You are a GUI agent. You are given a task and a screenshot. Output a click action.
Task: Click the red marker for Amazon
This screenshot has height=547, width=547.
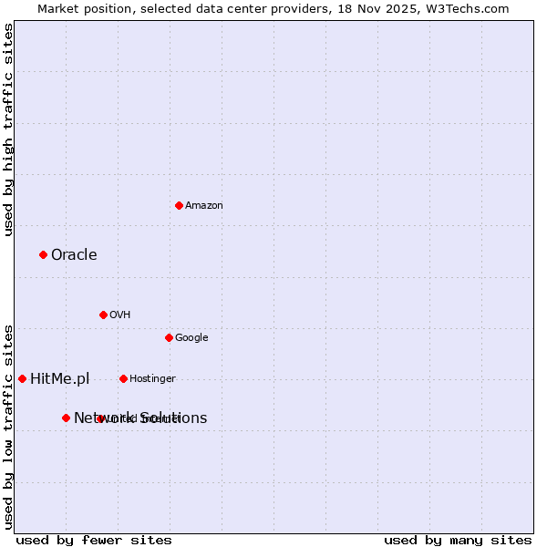click(x=179, y=205)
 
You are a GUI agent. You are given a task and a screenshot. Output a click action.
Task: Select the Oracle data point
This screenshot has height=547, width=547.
click(x=43, y=254)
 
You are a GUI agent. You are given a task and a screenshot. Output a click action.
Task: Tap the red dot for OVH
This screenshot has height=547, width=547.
click(x=103, y=315)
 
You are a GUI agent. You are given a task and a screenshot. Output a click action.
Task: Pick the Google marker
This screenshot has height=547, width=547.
click(x=169, y=337)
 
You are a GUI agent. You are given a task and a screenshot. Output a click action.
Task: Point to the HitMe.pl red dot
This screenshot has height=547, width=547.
click(x=22, y=378)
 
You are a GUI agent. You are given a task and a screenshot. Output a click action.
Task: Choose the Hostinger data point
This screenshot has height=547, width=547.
click(x=123, y=378)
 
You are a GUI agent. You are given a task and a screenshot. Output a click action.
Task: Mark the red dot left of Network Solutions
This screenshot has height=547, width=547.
click(x=66, y=418)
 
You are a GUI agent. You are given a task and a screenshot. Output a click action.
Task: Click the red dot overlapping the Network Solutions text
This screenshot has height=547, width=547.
click(x=100, y=418)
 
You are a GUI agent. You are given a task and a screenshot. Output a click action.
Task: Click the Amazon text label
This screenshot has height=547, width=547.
click(x=204, y=206)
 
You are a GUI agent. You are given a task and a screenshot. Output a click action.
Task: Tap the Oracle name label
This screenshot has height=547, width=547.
click(x=74, y=255)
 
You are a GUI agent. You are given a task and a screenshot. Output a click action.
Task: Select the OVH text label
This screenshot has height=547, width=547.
click(x=120, y=315)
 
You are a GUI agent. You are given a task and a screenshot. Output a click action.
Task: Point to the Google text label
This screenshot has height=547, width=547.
click(x=191, y=338)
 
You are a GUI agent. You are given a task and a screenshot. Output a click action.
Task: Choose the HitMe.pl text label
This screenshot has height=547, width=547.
click(x=60, y=379)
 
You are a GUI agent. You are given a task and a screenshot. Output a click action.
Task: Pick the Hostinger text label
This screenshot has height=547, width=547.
click(x=152, y=379)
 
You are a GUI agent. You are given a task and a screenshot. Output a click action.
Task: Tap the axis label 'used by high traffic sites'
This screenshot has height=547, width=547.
click(x=8, y=129)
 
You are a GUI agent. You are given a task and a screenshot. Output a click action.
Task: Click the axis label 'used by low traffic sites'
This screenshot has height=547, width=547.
click(x=8, y=426)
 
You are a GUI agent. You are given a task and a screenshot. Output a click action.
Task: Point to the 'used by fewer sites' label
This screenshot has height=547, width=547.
click(x=94, y=540)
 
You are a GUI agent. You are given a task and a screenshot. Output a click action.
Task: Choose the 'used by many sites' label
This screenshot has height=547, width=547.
click(x=458, y=540)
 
